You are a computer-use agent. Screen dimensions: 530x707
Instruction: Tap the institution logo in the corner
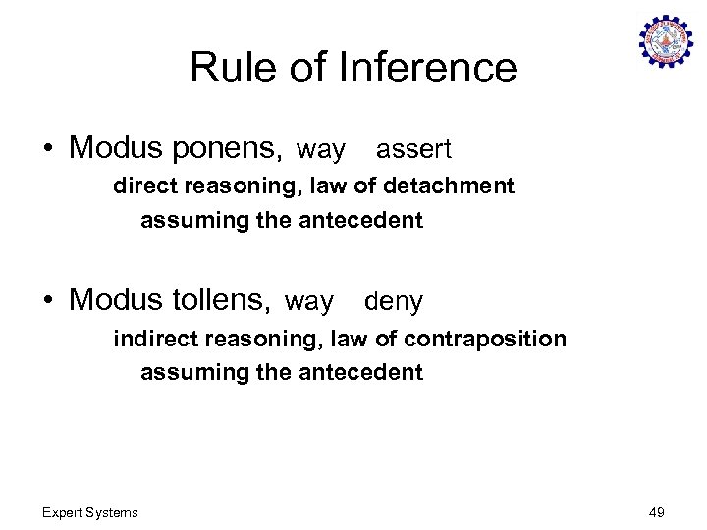point(665,42)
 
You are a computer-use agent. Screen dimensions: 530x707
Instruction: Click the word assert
point(413,150)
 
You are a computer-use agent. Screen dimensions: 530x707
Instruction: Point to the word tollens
point(222,300)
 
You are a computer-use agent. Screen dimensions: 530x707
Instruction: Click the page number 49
point(657,512)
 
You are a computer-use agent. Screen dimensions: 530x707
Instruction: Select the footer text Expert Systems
point(90,512)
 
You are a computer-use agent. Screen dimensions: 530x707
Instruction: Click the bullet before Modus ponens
point(48,149)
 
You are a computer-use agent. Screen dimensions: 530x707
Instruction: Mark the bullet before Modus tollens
point(48,301)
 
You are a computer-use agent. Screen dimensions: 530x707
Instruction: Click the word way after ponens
point(321,151)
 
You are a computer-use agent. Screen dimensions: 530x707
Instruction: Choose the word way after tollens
point(309,303)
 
